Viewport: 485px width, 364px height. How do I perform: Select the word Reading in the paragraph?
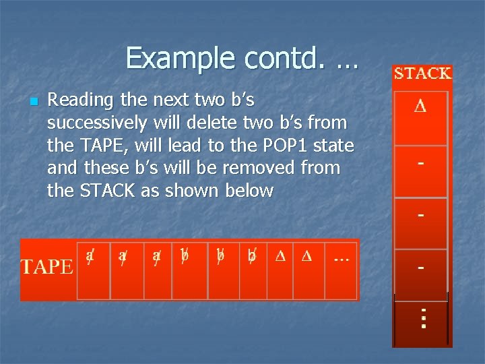81,100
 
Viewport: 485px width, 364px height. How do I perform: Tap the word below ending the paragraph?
251,191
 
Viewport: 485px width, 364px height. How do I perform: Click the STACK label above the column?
422,73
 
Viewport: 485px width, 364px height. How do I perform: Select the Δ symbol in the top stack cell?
420,107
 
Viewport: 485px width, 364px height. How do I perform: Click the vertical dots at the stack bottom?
423,317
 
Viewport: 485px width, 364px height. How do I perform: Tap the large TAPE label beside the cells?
46,267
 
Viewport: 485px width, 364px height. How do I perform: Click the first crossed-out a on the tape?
90,256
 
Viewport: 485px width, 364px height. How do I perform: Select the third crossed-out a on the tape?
157,257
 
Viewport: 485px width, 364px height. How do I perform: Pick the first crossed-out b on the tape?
184,256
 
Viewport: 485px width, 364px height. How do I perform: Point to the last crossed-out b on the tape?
252,257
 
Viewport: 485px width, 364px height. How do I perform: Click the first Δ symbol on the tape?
280,257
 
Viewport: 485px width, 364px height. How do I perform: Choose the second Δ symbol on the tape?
306,257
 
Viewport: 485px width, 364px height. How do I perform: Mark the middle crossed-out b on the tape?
220,256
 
